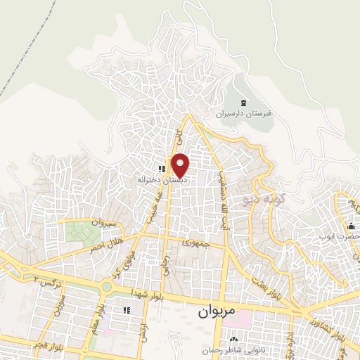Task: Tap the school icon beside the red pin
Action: click(x=161, y=169)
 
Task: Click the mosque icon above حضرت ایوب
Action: click(x=351, y=226)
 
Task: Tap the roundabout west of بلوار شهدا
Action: click(x=107, y=286)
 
